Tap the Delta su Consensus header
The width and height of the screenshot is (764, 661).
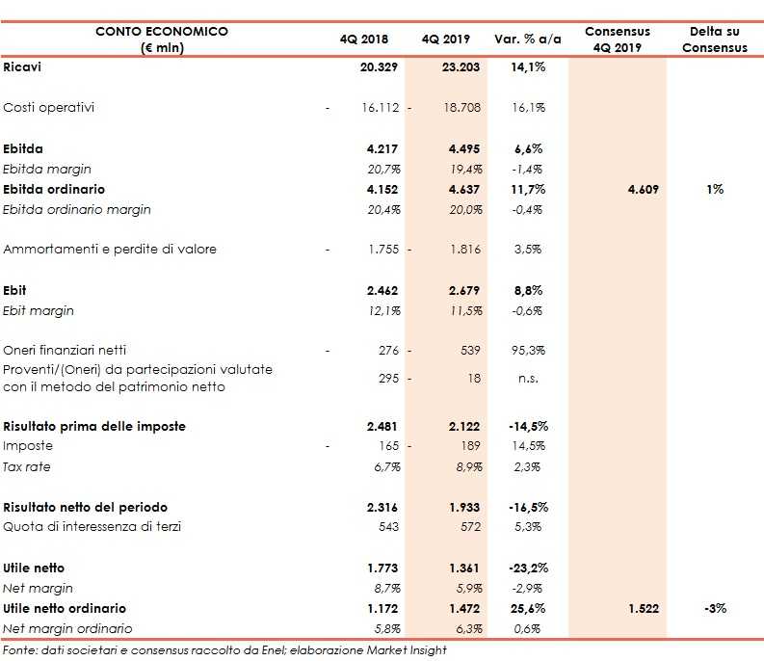click(x=714, y=40)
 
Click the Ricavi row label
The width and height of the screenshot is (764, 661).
click(x=23, y=67)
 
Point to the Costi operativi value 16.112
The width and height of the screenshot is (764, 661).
click(x=381, y=108)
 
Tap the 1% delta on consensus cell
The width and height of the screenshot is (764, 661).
click(x=714, y=189)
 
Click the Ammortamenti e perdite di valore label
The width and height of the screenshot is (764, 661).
click(x=110, y=249)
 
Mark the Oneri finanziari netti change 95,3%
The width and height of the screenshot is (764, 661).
click(x=528, y=350)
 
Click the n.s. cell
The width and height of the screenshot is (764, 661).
click(x=528, y=379)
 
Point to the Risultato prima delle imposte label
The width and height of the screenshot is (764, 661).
click(x=94, y=426)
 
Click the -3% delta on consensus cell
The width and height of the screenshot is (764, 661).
click(x=714, y=608)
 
